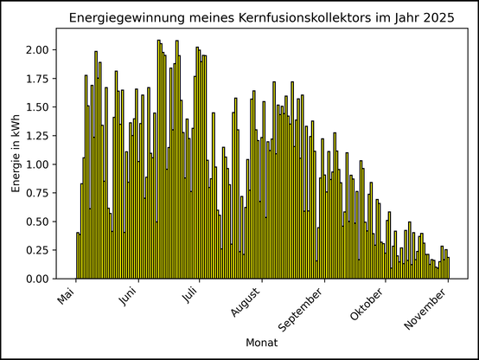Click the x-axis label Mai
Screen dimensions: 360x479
67,296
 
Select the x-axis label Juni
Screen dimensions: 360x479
127,297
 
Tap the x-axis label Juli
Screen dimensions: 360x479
189,296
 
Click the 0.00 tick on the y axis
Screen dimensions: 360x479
37,279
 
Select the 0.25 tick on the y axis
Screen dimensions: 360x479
37,250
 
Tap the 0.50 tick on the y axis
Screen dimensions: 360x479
37,222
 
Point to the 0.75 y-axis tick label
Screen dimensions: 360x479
37,193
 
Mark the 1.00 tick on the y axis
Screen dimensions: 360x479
37,164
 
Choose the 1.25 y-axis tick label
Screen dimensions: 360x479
37,136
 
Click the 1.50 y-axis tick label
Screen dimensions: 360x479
37,107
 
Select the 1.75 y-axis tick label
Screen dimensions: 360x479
37,79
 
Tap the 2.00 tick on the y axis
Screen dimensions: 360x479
37,50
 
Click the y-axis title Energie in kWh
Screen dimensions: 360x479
16,154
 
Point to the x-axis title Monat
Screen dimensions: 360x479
261,344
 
